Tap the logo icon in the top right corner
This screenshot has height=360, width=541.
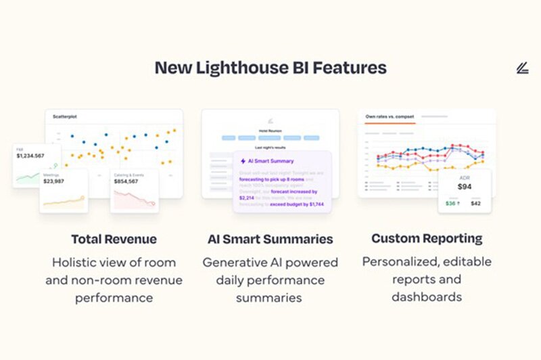coord(521,68)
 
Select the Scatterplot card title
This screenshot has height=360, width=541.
coord(65,116)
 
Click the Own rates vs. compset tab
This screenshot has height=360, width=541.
coord(390,117)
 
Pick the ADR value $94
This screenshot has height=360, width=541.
coord(465,187)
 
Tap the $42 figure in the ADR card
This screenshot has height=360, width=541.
coord(476,203)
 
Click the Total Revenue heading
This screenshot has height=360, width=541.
coord(114,239)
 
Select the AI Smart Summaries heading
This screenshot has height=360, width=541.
coord(270,239)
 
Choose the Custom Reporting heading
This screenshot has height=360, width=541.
coord(427,238)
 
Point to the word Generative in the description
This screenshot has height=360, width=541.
coord(239,262)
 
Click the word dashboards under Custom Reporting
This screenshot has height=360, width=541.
coord(427,296)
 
